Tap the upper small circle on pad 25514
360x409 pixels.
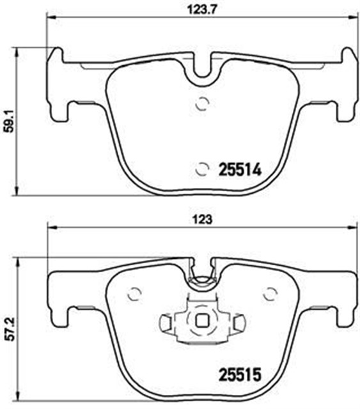click(202, 104)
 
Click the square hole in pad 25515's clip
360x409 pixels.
click(203, 323)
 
